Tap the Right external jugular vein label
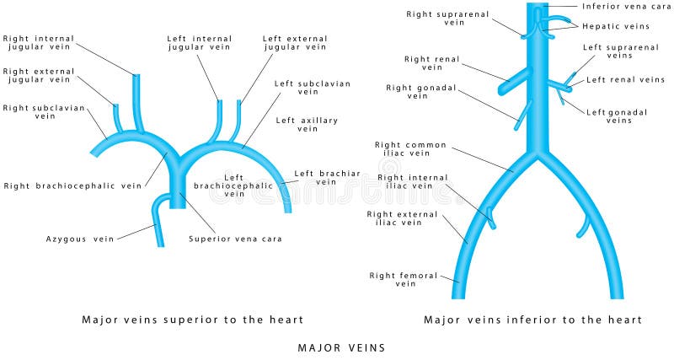point(38,75)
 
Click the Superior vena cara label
point(236,239)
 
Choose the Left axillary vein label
point(307,125)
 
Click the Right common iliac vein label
point(414,149)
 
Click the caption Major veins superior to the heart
point(193,320)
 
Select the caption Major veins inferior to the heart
point(532,320)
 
